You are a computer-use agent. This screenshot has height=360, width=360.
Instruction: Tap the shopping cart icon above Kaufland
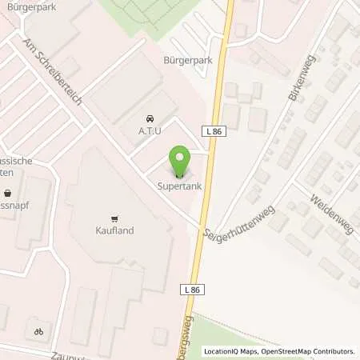point(114,218)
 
